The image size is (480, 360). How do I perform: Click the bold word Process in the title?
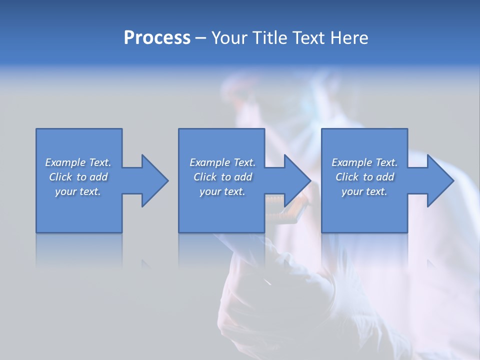tap(157, 38)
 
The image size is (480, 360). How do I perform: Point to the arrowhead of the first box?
tap(152, 180)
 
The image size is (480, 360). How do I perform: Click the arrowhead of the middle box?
tap(295, 180)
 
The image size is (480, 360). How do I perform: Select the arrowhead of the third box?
tap(438, 180)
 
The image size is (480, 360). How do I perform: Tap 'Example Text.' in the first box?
tap(78, 162)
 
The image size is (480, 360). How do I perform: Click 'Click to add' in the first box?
tap(78, 177)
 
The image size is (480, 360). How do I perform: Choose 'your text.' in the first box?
tap(78, 191)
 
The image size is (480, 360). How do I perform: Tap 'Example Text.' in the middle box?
tap(222, 162)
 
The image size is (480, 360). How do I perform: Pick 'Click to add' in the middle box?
tap(222, 177)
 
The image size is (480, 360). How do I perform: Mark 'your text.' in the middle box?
tap(222, 191)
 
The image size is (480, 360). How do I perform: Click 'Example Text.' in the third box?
tap(364, 162)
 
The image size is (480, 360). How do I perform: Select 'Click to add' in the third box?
tap(364, 177)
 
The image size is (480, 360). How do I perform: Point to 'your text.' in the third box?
tap(364, 191)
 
